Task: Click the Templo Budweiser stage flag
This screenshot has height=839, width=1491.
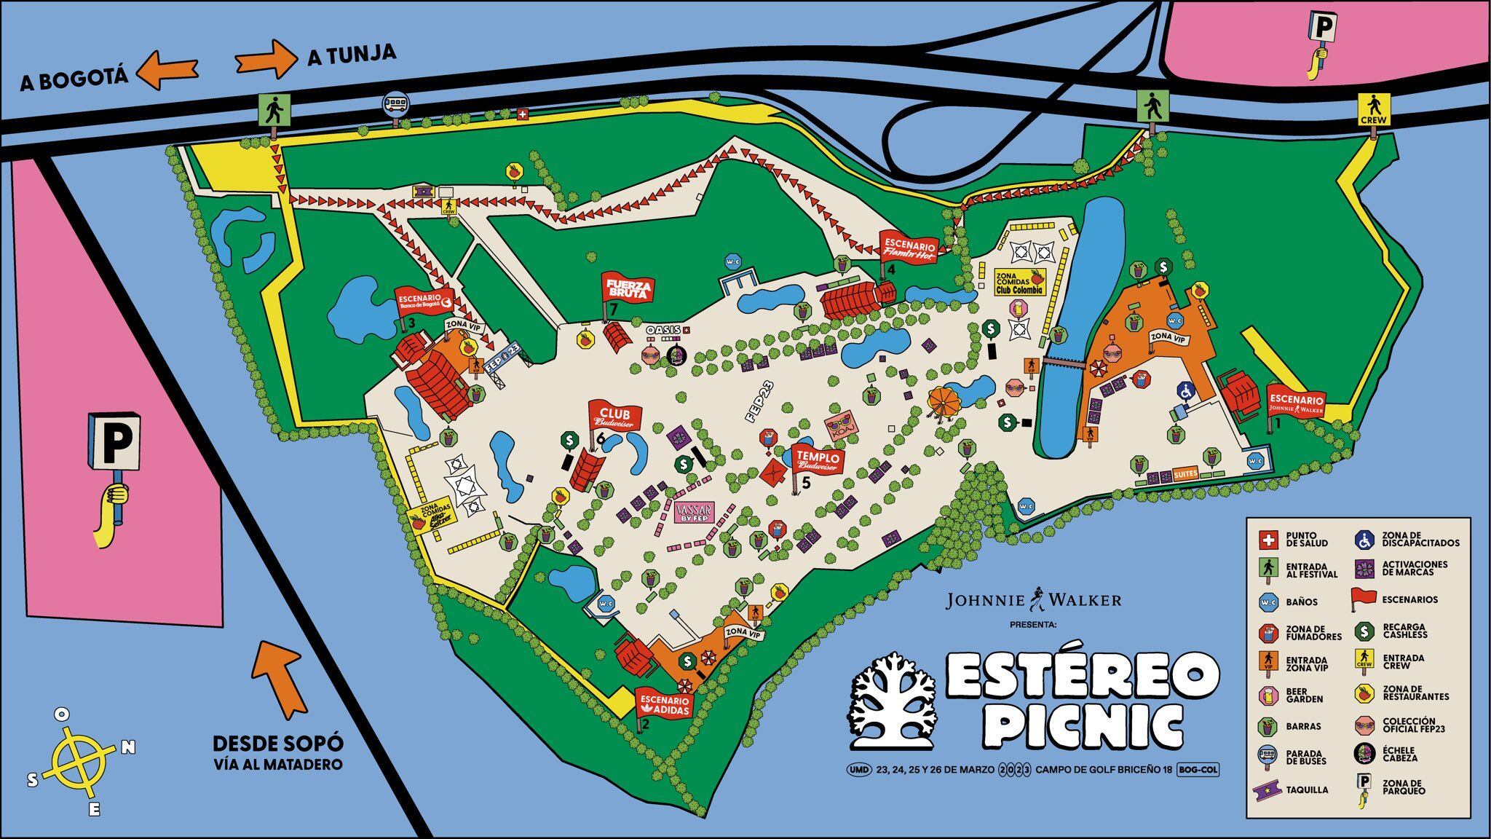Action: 818,458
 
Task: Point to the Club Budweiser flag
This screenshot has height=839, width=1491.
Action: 616,416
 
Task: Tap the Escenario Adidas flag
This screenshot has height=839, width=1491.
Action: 663,702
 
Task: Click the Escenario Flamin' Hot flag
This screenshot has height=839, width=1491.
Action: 908,246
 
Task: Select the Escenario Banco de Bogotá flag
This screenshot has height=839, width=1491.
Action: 424,302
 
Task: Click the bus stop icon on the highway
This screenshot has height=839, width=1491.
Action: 396,104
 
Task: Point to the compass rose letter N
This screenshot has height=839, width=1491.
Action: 127,747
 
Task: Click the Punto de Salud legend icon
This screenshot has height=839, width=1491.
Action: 1268,540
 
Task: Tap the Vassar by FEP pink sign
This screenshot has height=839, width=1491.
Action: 695,513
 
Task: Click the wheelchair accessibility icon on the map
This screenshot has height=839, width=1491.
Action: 1185,391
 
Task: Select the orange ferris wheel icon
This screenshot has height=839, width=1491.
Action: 944,400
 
